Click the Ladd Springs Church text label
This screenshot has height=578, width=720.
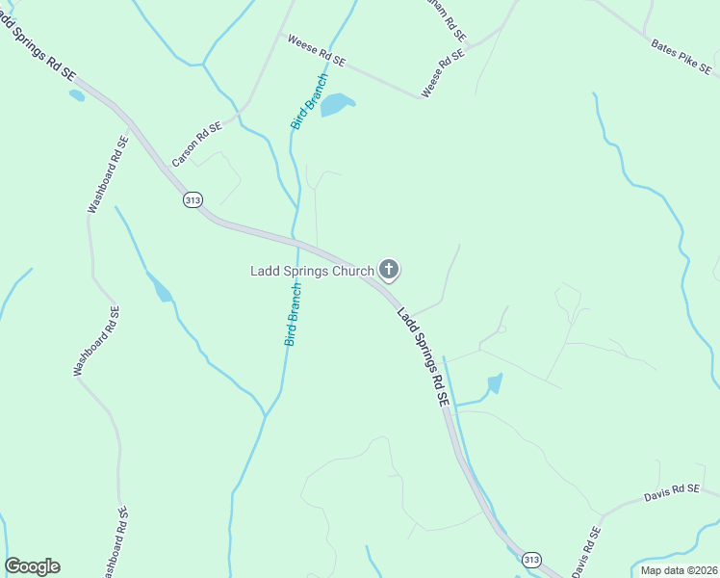(x=311, y=271)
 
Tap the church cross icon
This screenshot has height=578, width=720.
(x=389, y=270)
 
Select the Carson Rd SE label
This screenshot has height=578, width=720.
(x=196, y=144)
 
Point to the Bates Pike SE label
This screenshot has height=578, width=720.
(x=681, y=57)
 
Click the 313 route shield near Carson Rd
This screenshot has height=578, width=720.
(x=191, y=198)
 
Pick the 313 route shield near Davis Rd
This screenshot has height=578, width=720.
(x=530, y=560)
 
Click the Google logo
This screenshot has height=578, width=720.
(x=33, y=566)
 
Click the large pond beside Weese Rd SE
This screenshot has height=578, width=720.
(x=336, y=104)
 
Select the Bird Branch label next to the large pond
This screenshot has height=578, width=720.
(x=308, y=101)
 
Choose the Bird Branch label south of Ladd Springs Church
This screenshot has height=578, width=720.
(x=294, y=314)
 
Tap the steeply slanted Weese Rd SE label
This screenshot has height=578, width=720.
(x=443, y=72)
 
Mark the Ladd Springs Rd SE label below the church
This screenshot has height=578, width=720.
(x=424, y=355)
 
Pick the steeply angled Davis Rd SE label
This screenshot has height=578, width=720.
(x=586, y=551)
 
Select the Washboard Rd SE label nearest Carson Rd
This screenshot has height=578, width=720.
(x=107, y=174)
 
